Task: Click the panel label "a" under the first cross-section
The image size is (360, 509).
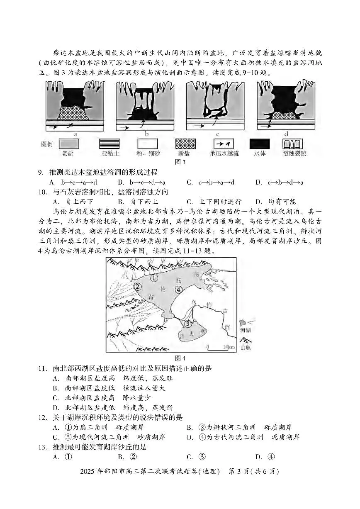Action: [75, 134]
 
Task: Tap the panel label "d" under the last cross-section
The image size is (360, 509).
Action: [286, 134]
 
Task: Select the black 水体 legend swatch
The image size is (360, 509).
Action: [259, 144]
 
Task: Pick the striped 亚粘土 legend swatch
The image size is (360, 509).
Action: [109, 144]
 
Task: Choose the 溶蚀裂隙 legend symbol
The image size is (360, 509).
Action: [292, 144]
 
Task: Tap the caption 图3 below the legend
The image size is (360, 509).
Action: [180, 162]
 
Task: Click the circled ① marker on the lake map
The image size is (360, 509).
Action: [154, 278]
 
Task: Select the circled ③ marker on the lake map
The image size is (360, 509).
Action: [188, 324]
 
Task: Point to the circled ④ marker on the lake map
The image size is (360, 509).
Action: [179, 290]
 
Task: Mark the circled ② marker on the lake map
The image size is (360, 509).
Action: [137, 286]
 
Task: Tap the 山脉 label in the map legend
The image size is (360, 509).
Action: [245, 348]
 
